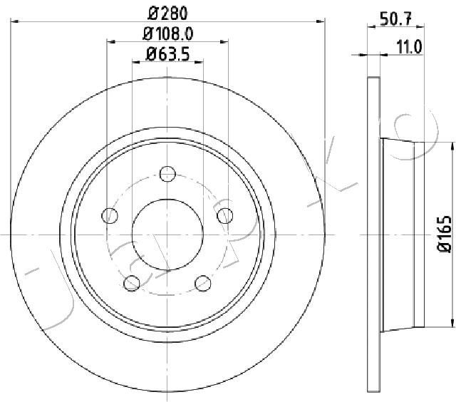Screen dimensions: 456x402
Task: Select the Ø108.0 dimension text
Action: [x=168, y=34]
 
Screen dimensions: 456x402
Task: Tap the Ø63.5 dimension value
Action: [x=168, y=54]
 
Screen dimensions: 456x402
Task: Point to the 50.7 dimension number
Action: [x=395, y=19]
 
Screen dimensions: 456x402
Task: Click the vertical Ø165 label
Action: [x=444, y=234]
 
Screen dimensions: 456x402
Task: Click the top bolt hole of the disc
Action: [x=167, y=174]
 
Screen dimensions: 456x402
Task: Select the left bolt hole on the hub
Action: [x=110, y=216]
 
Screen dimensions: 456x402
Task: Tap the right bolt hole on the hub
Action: [x=225, y=216]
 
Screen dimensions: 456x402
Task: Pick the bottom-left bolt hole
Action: [x=132, y=283]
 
